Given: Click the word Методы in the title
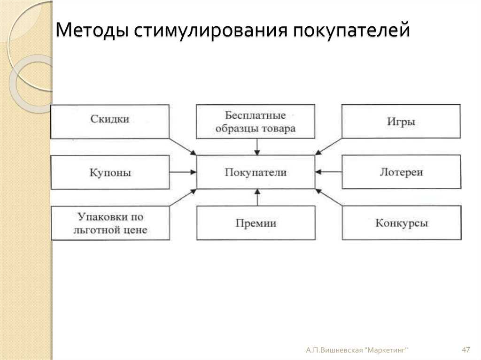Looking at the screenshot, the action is click(92, 31).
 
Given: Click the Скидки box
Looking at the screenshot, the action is click(110, 122).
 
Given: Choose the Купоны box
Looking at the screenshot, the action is click(110, 172).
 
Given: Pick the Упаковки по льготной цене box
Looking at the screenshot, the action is click(110, 223).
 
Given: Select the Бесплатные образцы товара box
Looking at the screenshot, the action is click(256, 122).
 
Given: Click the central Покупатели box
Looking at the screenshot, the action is click(256, 172).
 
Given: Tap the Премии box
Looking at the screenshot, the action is click(256, 222).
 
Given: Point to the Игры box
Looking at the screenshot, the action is click(401, 121).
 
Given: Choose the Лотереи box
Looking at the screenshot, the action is click(402, 172).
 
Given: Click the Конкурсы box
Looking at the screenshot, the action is click(402, 222).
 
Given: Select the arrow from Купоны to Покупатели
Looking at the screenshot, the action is click(183, 172).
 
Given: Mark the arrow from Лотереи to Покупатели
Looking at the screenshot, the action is click(328, 172).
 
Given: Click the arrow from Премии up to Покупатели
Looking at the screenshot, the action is click(257, 197).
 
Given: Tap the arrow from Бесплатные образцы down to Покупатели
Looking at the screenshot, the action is click(257, 147).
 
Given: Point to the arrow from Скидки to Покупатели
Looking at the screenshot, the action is click(183, 147).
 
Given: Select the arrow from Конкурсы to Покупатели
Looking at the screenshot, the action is click(329, 198).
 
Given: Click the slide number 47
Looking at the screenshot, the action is click(465, 350).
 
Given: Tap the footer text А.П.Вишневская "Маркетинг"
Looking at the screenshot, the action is click(357, 350).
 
